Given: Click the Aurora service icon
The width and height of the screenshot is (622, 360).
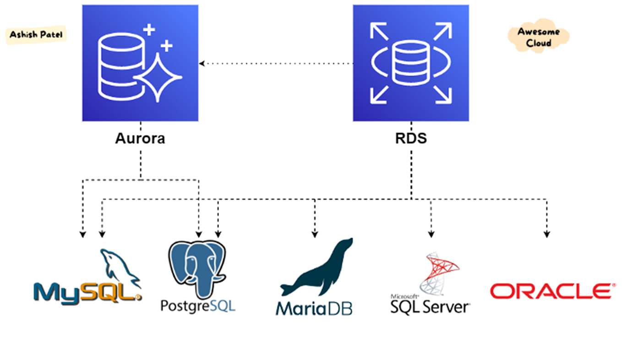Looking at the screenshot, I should (140, 63).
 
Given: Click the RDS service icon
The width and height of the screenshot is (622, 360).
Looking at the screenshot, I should (410, 63).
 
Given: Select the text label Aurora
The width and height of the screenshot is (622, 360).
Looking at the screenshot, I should (140, 138).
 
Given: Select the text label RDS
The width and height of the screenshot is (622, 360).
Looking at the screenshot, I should (411, 138).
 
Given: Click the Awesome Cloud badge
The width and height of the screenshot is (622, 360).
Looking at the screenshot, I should (539, 37).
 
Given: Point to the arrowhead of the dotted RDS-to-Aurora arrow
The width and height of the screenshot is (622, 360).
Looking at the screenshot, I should (202, 64).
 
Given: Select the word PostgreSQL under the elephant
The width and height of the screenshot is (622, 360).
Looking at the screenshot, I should (198, 305).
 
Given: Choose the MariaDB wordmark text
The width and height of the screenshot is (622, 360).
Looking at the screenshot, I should (314, 308).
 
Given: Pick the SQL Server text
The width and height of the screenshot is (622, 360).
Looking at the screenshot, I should (430, 306).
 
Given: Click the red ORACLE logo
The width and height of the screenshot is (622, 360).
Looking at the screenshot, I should (551, 291).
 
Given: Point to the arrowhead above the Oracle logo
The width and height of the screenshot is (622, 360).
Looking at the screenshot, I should (546, 235).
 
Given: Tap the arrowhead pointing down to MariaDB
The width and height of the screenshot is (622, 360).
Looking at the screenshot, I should (315, 235).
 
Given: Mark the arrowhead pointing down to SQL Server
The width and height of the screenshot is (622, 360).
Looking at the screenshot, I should (431, 235).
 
